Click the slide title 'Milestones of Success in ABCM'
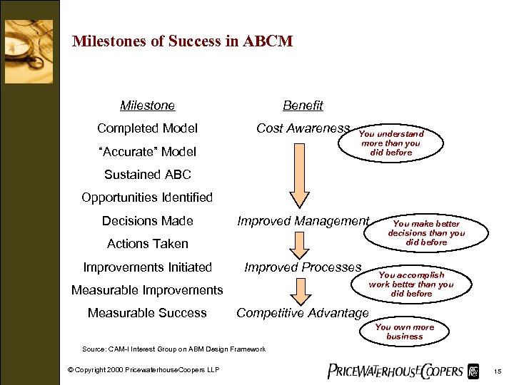point(182,41)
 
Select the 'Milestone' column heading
point(147,106)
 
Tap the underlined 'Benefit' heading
point(303,106)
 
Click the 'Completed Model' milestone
point(147,128)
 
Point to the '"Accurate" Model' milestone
point(147,151)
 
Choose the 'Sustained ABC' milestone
point(147,174)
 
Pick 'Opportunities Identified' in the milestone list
point(147,197)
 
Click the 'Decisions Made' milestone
point(147,220)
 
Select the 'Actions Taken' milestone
point(147,243)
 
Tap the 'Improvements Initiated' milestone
point(147,267)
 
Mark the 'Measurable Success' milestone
point(147,313)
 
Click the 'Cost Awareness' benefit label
point(303,128)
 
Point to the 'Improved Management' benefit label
point(303,221)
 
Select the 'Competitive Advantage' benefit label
point(303,313)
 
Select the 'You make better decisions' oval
point(426,233)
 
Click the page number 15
point(498,371)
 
